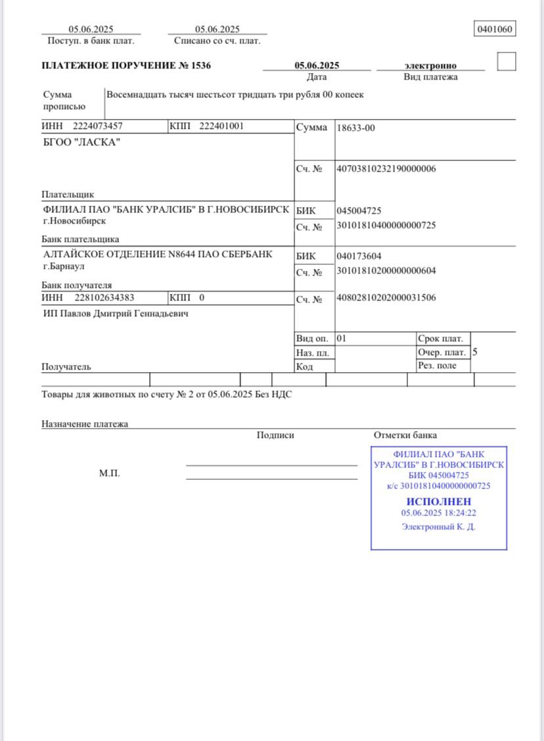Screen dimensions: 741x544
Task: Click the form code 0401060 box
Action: coord(495,30)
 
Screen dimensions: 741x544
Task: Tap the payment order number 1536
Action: coord(202,66)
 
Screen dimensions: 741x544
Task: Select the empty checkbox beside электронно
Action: coord(507,62)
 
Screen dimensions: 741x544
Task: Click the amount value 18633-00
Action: coord(355,128)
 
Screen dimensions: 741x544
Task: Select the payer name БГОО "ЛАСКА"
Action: coord(81,143)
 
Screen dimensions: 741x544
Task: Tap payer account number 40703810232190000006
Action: coord(386,169)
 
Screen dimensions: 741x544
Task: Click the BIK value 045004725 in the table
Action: coord(359,211)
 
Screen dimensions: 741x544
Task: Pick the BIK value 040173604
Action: coord(359,256)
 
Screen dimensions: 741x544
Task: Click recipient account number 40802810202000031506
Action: coord(386,298)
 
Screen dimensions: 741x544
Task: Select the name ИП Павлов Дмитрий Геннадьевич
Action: coord(116,314)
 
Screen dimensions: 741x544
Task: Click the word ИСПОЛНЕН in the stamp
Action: coord(438,502)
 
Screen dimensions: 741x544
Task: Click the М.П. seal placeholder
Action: coord(109,473)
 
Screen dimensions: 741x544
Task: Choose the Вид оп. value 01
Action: coord(341,339)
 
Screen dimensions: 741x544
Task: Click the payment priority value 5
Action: coord(475,352)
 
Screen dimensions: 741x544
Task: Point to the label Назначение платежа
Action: coord(85,424)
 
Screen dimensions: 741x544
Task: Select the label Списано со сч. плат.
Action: coord(217,41)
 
